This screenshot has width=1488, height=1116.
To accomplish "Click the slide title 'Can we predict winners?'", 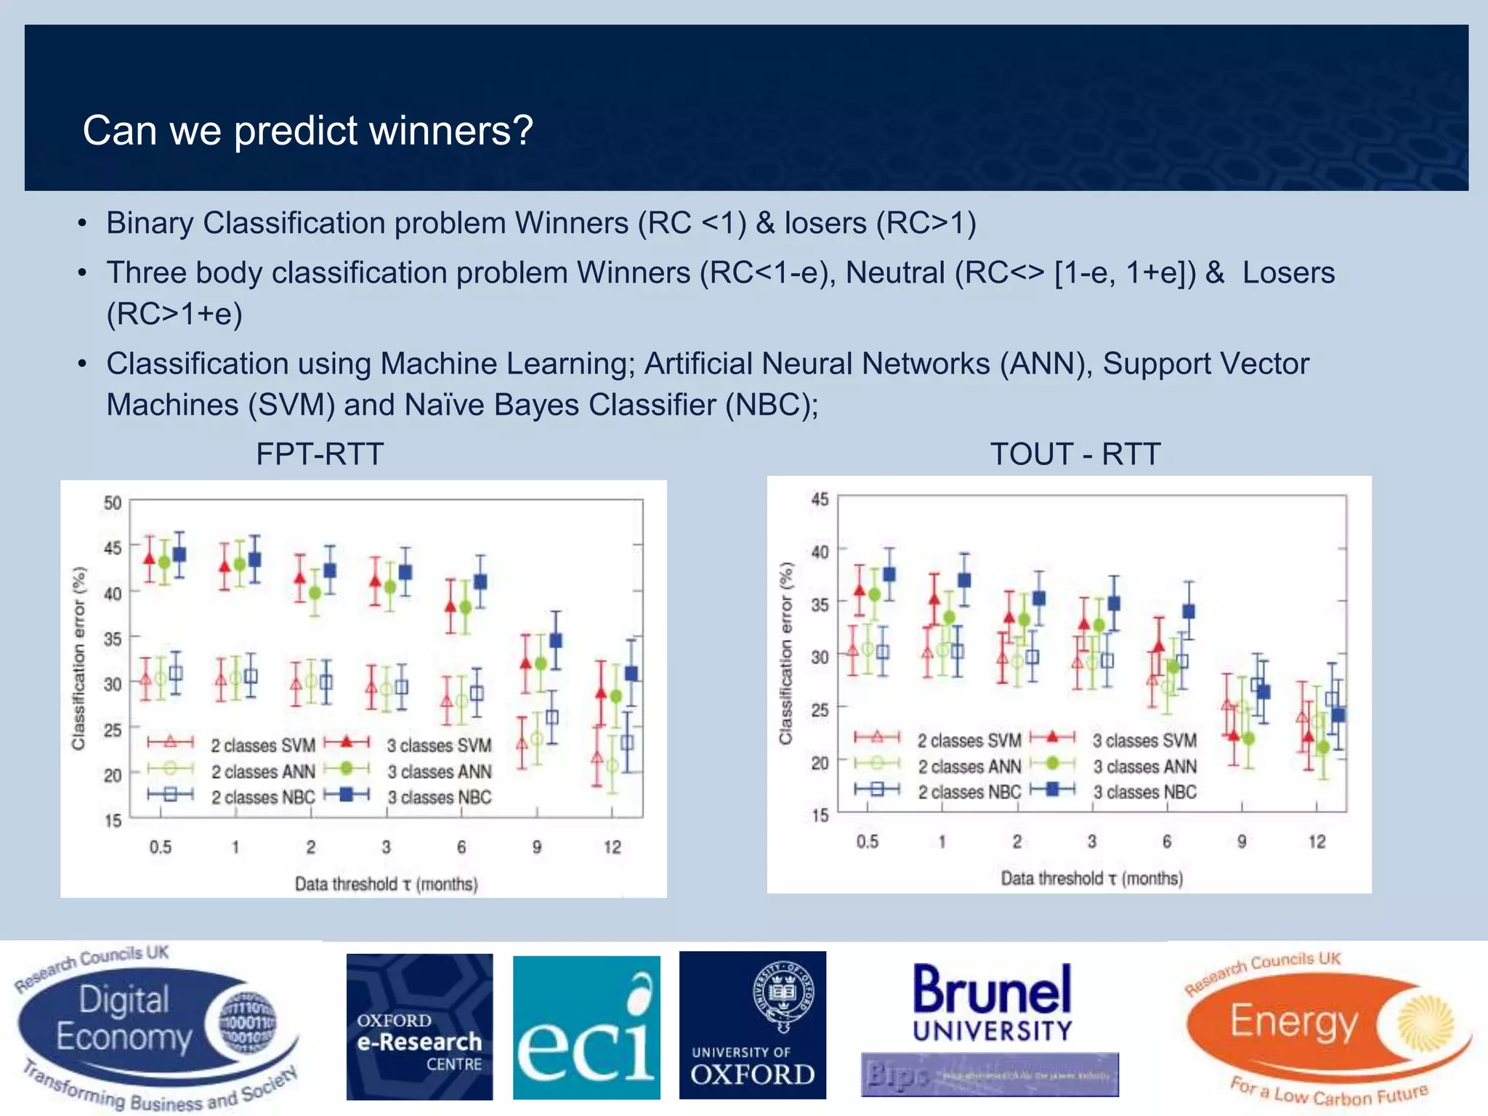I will click(x=308, y=131).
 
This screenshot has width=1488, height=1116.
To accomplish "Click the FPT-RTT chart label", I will click(x=320, y=454).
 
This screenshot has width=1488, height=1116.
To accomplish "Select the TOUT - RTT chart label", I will click(x=1075, y=454).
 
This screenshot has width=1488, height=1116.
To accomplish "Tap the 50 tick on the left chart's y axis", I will click(x=113, y=503).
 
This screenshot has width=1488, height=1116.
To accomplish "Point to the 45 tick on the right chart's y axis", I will click(x=820, y=499).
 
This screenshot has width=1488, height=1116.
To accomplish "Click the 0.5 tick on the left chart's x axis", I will click(x=161, y=847).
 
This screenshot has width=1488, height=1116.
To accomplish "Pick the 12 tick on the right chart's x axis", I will click(x=1317, y=841).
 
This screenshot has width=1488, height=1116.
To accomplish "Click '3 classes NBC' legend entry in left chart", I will click(x=439, y=797).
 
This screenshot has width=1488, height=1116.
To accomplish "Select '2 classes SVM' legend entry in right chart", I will click(x=969, y=740).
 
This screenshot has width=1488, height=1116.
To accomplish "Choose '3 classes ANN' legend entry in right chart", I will click(x=1144, y=767).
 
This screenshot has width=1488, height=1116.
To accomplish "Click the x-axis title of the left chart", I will click(x=386, y=884).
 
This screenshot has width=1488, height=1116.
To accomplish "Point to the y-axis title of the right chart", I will click(x=785, y=653).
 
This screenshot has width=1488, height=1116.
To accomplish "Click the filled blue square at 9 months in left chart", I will click(x=556, y=640).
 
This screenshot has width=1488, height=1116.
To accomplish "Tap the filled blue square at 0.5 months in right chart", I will click(x=889, y=574).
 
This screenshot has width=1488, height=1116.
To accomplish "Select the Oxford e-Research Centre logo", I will click(x=419, y=1027).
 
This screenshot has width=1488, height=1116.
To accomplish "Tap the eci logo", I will click(x=586, y=1027).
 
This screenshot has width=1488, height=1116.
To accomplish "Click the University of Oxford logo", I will click(x=753, y=1025).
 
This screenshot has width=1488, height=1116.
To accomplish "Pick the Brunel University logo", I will click(x=992, y=1003).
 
